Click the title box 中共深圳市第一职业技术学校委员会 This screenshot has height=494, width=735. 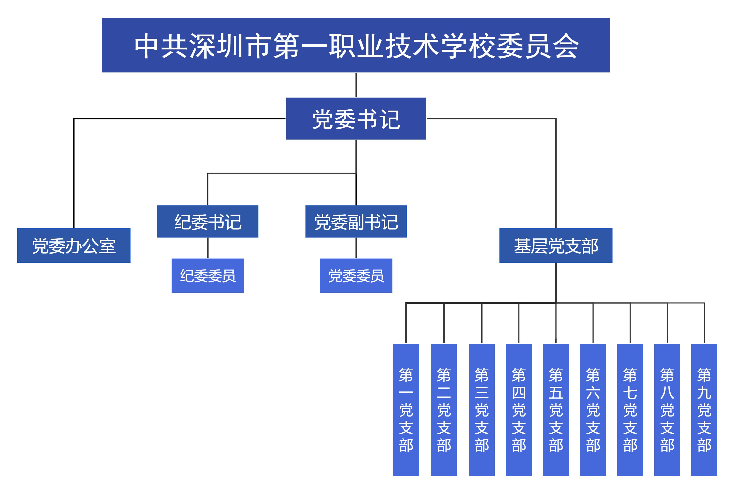(356, 45)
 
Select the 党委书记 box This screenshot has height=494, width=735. (356, 118)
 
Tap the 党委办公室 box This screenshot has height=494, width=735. (74, 245)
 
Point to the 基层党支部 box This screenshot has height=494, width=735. (556, 245)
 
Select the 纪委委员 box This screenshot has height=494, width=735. (208, 275)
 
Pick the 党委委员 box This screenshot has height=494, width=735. (356, 275)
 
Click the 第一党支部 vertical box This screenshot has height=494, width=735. (406, 410)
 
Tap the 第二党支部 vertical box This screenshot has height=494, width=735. (444, 410)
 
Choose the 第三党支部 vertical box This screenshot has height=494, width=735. (481, 410)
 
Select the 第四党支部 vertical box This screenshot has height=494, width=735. (519, 410)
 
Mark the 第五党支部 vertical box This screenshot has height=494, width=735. (556, 410)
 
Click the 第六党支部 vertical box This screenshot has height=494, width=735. (593, 410)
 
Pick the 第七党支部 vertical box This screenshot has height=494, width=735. (630, 410)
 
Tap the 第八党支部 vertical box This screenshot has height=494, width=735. (667, 410)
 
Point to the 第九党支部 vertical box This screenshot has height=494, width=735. (704, 410)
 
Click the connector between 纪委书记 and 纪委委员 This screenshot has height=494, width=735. (208, 248)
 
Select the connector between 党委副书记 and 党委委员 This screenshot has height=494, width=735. (356, 248)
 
